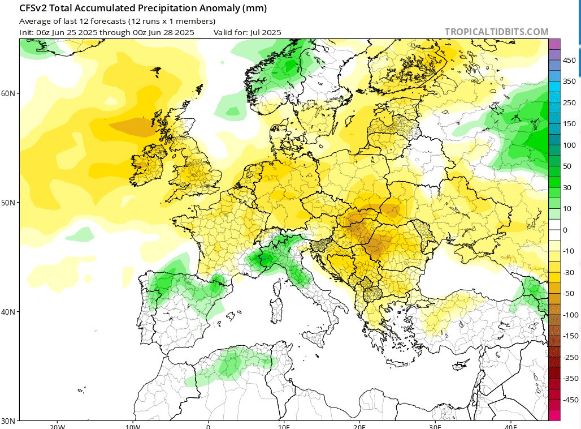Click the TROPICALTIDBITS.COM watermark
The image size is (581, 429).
496,32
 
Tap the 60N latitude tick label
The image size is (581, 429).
9,93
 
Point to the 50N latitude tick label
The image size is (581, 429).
9,202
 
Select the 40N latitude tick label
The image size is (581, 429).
9,312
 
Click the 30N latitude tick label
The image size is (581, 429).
9,421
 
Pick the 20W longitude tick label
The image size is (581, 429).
57,425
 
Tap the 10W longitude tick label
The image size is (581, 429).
133,425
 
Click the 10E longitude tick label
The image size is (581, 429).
284,425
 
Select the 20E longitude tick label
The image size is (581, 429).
359,425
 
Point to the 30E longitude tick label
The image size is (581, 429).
435,425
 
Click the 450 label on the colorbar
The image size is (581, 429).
569,60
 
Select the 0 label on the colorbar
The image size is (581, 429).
565,230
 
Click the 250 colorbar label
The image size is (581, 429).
569,102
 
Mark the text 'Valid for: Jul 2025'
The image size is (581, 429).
247,32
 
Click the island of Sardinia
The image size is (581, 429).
276,308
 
